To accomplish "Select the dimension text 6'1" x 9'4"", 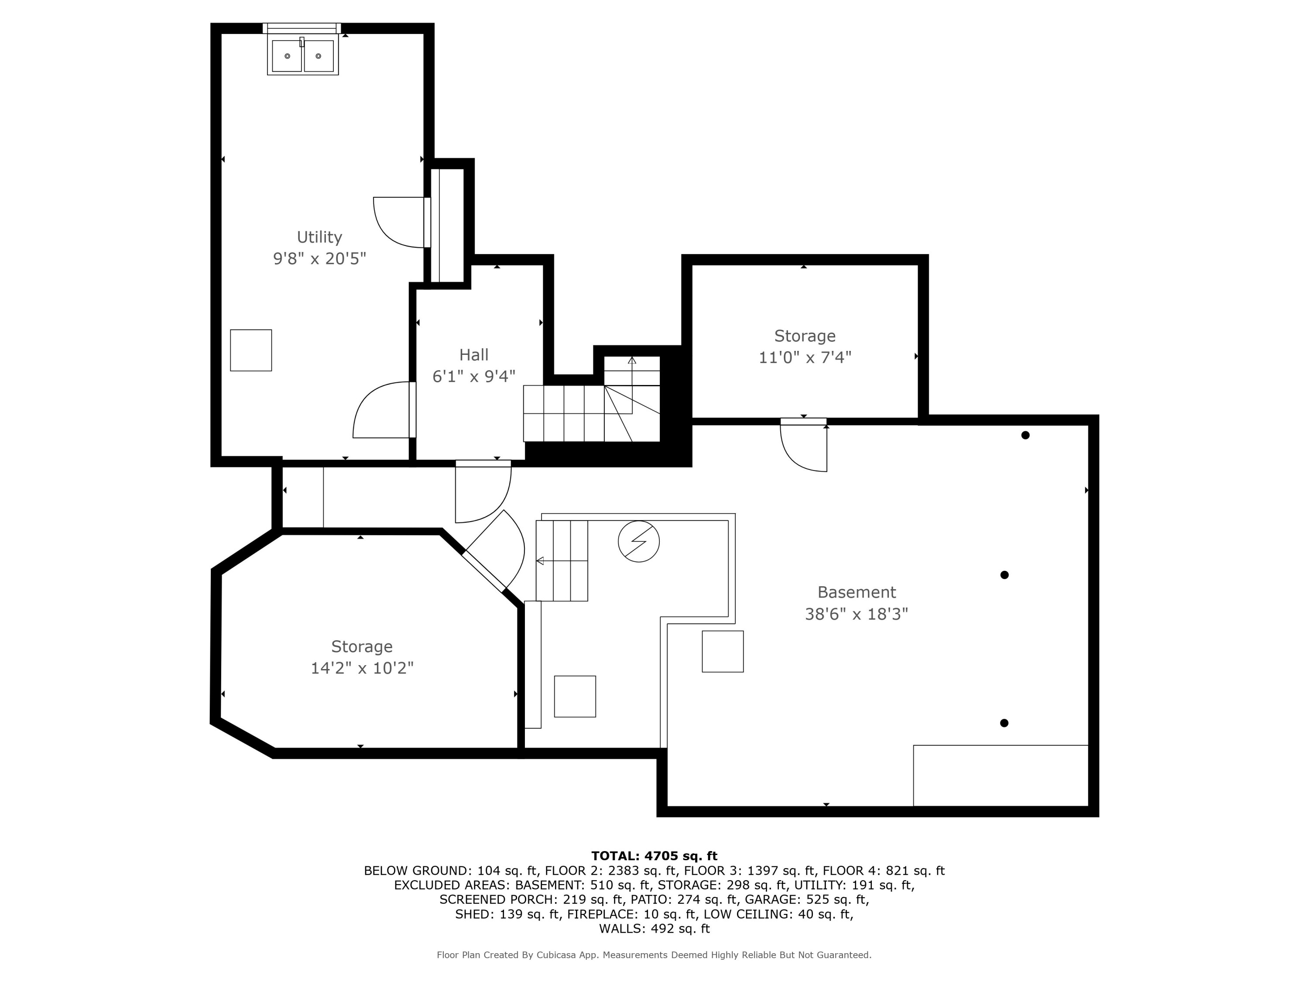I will pyautogui.click(x=473, y=377).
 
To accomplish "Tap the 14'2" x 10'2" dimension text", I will pyautogui.click(x=362, y=668).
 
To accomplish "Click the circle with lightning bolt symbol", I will pyautogui.click(x=638, y=541).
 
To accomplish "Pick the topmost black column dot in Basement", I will pyautogui.click(x=1025, y=435).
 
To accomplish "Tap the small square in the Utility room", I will pyautogui.click(x=251, y=350).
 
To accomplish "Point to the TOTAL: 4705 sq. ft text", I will pyautogui.click(x=654, y=856).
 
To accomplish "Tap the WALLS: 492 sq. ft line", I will pyautogui.click(x=654, y=929).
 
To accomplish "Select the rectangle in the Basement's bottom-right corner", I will pyautogui.click(x=1000, y=776).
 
